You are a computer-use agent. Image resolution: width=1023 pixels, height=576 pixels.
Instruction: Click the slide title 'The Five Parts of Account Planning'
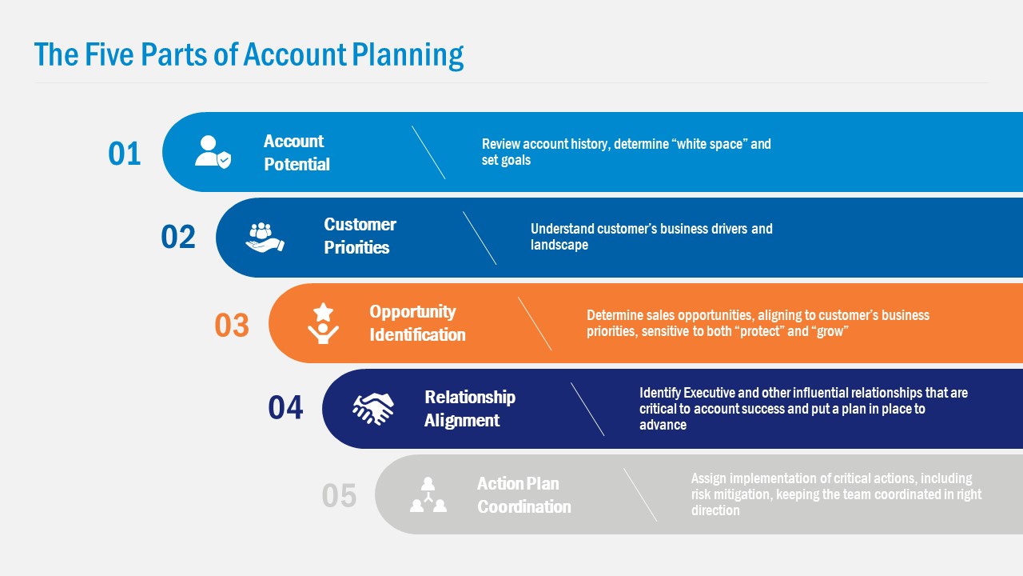(x=249, y=55)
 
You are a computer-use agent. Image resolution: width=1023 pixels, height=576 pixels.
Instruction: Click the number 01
(x=125, y=154)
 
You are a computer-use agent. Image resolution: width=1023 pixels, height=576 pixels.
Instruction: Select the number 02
(x=178, y=238)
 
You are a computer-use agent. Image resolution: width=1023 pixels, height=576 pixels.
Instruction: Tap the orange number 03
(x=232, y=326)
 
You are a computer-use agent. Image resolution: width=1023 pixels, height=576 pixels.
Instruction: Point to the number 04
(x=285, y=408)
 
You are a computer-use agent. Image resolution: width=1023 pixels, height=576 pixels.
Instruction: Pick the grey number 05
(x=339, y=496)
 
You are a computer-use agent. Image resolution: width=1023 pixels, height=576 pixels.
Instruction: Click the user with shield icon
(x=213, y=151)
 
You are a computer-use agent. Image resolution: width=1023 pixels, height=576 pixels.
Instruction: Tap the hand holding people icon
(x=265, y=238)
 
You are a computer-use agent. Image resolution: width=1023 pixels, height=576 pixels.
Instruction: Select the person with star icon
(x=323, y=323)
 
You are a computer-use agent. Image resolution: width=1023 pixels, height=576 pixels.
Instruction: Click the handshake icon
(x=373, y=408)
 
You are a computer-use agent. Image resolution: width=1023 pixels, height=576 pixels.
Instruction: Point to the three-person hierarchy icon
(x=428, y=494)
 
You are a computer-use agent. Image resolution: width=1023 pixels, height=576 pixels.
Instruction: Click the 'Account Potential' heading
(x=297, y=153)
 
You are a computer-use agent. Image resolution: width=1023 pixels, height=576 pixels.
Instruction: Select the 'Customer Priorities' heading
(x=360, y=236)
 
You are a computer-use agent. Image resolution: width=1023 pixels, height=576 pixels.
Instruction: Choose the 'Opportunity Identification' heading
(x=417, y=323)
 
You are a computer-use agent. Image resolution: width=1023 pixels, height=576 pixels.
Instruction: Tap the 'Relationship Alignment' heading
(x=470, y=409)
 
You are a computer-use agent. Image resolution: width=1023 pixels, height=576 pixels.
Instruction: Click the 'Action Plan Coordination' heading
(x=523, y=495)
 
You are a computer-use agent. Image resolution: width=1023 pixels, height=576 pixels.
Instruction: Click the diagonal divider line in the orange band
(x=535, y=324)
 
